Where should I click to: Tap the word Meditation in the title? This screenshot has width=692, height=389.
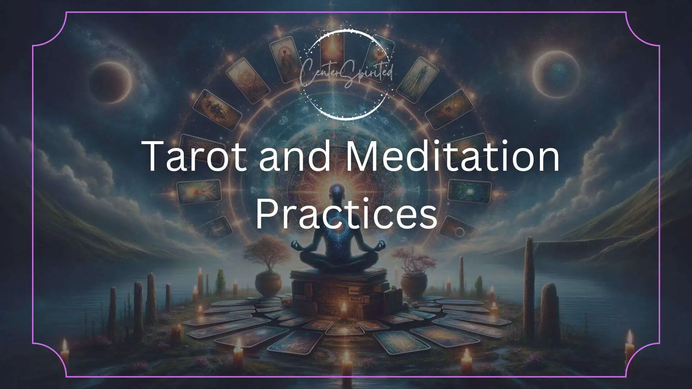pos(452,156)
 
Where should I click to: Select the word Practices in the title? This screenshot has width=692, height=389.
pos(346,215)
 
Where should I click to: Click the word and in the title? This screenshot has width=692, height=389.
pos(295,156)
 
